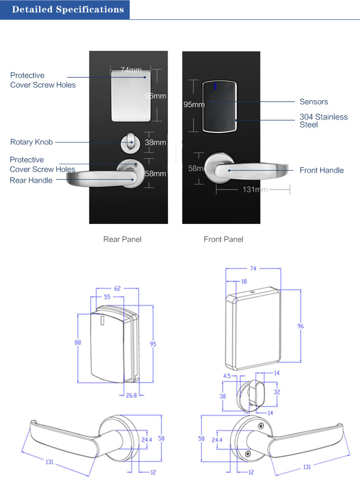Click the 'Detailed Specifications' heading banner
tap(68, 10)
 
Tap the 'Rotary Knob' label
tap(32, 142)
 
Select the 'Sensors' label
tap(313, 102)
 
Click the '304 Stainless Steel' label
tap(324, 121)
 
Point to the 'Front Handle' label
tap(322, 170)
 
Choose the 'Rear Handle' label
tap(31, 180)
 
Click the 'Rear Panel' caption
tap(122, 239)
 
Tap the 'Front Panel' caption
tap(223, 239)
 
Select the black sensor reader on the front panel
tap(219, 106)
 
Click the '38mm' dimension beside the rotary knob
tap(156, 142)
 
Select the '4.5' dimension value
tap(228, 376)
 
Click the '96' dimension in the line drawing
tap(300, 326)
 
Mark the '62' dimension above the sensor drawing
tap(117, 289)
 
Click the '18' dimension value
tap(244, 282)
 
